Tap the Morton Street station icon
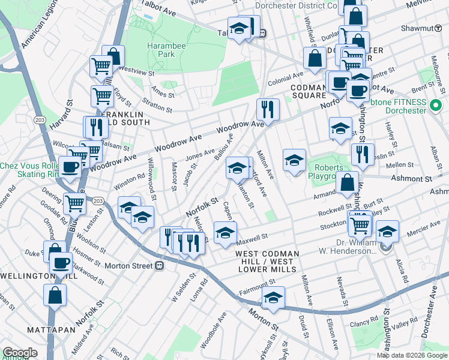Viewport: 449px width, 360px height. [x=160, y=265]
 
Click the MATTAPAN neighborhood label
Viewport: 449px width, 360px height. [x=51, y=330]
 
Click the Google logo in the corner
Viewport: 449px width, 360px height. [x=20, y=353]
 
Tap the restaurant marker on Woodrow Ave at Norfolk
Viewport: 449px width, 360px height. [x=268, y=109]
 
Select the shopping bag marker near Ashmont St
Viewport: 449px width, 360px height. [x=347, y=182]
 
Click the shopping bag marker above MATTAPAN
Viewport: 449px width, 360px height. [x=55, y=295]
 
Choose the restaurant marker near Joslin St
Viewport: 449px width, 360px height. [x=363, y=154]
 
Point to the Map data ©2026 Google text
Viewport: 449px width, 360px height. [x=412, y=355]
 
